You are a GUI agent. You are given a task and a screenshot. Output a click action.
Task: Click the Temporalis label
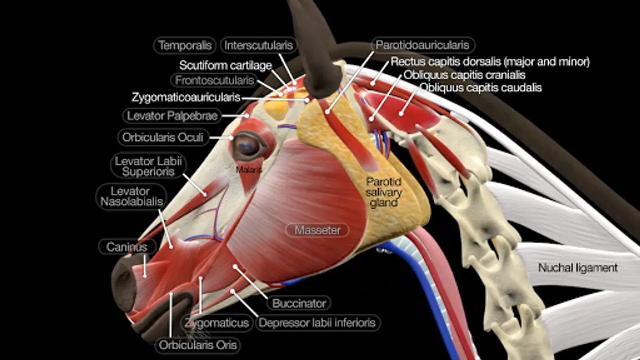click(185, 45)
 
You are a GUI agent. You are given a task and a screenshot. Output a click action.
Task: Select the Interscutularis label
click(258, 45)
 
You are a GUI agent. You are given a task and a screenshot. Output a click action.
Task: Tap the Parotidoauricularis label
click(422, 45)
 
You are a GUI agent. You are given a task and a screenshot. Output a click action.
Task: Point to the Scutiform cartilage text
click(225, 65)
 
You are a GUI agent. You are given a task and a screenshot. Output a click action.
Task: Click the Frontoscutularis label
click(214, 80)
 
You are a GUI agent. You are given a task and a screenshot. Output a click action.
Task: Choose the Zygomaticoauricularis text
click(186, 97)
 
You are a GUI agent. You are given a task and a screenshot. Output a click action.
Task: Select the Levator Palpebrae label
click(172, 116)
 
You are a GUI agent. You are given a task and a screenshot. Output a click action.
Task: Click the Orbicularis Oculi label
click(163, 137)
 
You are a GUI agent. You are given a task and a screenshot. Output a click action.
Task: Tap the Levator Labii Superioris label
click(148, 166)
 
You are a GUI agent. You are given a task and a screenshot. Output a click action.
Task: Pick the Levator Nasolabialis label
click(132, 196)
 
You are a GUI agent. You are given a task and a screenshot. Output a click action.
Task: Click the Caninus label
click(127, 247)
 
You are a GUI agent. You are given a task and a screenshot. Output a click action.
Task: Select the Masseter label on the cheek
click(317, 230)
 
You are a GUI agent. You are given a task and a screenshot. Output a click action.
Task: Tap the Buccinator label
click(299, 303)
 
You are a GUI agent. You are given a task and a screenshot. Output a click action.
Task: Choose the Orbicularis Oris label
click(198, 345)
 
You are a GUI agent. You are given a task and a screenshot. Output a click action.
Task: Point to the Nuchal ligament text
click(578, 267)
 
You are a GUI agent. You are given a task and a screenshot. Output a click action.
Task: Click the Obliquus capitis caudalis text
click(480, 88)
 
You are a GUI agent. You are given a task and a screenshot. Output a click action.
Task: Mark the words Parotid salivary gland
click(384, 192)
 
